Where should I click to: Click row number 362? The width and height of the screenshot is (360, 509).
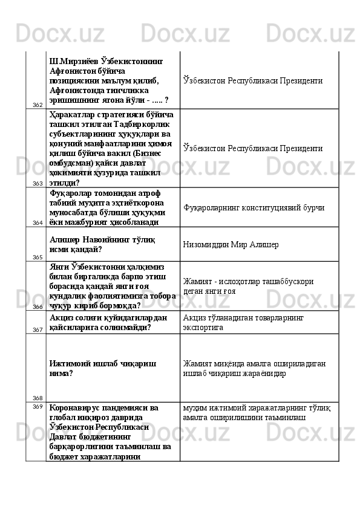(x=37, y=105)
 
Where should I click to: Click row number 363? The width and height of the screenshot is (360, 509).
(x=37, y=183)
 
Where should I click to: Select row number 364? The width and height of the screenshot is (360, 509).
(x=37, y=222)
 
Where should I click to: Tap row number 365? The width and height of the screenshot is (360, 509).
(x=37, y=257)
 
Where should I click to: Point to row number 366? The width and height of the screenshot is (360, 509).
(x=37, y=306)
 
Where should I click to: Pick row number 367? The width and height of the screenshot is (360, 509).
(x=37, y=329)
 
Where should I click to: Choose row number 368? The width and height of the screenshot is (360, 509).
(x=37, y=398)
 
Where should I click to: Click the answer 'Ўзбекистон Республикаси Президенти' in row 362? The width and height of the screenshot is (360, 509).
(x=252, y=80)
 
